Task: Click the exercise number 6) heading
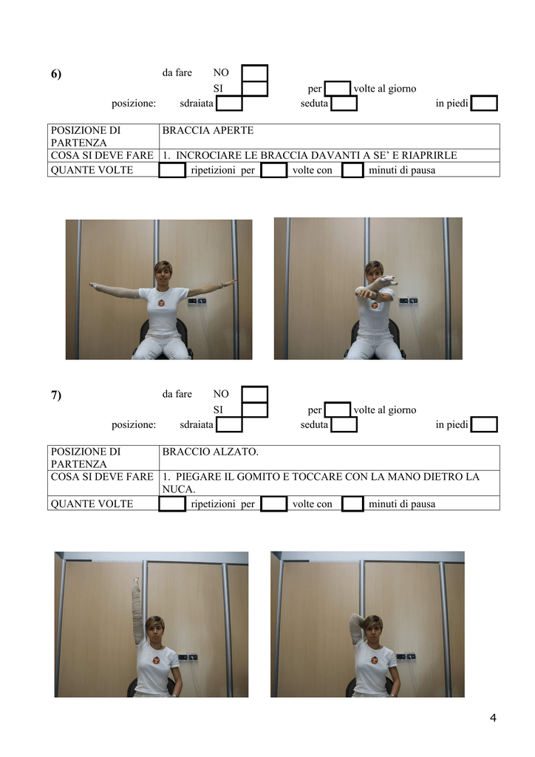pos(56,74)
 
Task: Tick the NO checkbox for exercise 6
pos(254,73)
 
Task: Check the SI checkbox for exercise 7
pos(254,410)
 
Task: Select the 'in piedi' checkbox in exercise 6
pos(484,103)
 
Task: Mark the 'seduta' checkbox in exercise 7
pos(344,425)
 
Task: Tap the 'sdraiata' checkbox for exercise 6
pos(229,103)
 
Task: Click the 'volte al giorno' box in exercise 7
pos(337,410)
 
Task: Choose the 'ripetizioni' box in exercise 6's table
pos(172,170)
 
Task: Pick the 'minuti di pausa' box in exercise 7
pos(352,503)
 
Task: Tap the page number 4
pos(493,718)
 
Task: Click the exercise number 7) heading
pos(56,396)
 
